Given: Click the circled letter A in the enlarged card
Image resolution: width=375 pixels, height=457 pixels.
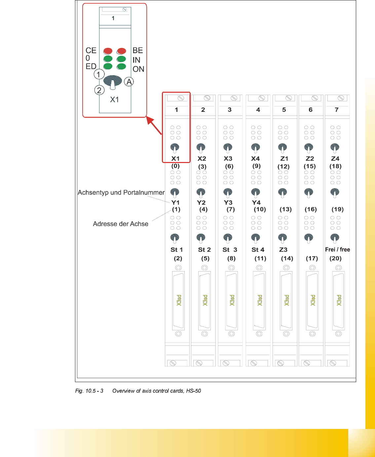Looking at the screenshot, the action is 129,82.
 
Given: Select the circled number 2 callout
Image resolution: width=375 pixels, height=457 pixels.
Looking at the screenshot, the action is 99,90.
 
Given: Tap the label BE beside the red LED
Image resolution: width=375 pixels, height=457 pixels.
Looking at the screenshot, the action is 138,50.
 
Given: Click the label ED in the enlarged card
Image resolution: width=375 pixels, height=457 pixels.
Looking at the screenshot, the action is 91,66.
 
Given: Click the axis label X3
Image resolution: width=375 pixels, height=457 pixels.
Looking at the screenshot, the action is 228,158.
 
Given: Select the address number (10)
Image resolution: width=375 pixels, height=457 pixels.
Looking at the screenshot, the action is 260,209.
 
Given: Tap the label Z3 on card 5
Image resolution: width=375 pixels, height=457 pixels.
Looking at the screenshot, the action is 283,249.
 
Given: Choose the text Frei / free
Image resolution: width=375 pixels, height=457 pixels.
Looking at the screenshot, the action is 337,249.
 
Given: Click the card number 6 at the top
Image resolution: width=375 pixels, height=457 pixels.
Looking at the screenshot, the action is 311,110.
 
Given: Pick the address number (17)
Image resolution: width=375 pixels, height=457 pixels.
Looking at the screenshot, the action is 312,258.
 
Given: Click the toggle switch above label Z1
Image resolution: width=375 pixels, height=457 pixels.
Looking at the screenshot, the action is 282,147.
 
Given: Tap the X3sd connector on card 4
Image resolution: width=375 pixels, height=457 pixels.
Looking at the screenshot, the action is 259,300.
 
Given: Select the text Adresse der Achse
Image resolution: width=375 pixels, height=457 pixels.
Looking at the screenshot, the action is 121,224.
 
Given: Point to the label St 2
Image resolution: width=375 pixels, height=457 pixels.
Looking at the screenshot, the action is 204,249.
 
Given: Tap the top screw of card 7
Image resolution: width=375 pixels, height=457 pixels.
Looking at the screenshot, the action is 341,98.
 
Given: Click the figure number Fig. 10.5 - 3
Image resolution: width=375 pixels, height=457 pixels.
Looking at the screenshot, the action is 89,391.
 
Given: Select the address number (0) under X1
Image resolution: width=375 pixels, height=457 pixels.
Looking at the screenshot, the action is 175,166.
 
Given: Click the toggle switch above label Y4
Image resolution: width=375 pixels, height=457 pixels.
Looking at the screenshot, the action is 255,192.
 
